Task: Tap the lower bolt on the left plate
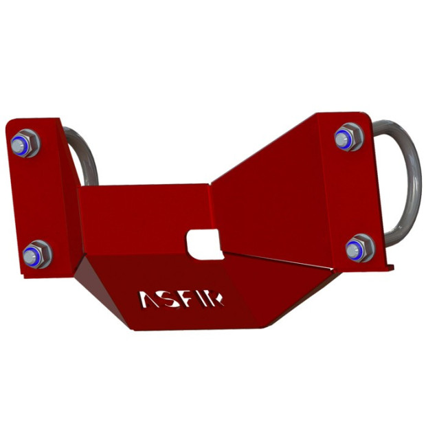[36, 255]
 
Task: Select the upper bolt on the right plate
[348, 137]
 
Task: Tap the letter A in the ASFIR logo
[150, 298]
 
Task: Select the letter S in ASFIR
[172, 298]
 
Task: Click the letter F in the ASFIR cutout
[192, 298]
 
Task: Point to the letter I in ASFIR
[207, 298]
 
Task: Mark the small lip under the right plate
[381, 266]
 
